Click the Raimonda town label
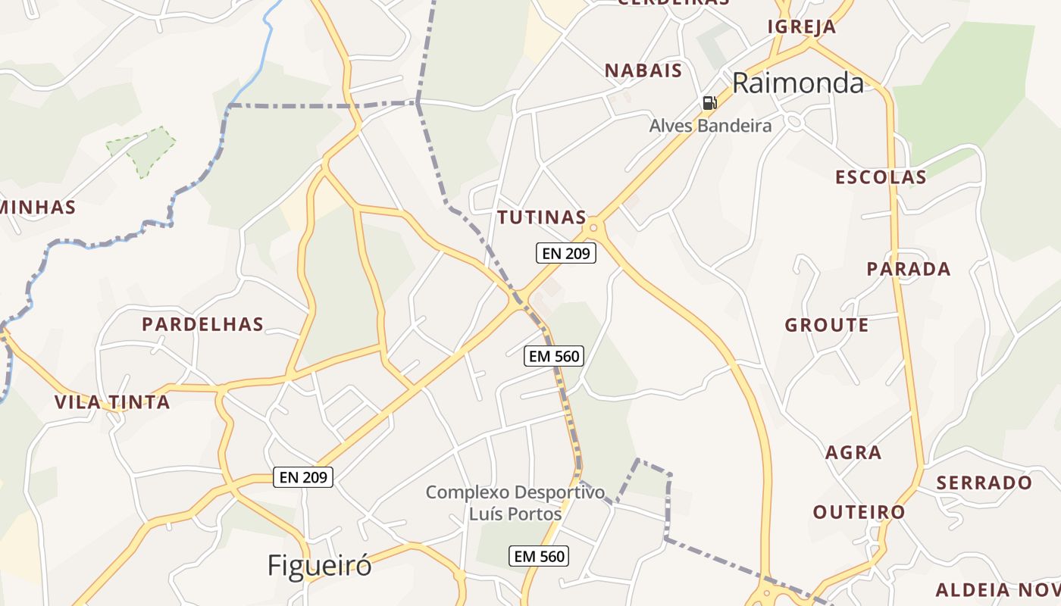798,83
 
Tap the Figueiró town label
320,565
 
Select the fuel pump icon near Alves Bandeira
709,103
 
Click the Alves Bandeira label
710,126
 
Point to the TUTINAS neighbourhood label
542,218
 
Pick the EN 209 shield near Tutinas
566,253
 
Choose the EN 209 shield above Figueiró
303,477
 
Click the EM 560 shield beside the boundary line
554,355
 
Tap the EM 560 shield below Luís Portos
539,557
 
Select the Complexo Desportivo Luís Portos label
515,503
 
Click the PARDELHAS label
203,325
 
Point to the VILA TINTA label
112,402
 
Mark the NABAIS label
643,71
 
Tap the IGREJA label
802,27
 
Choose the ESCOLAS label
881,177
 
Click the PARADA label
909,269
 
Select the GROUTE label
827,326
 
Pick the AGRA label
853,453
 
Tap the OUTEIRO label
859,512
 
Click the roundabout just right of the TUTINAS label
593,226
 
